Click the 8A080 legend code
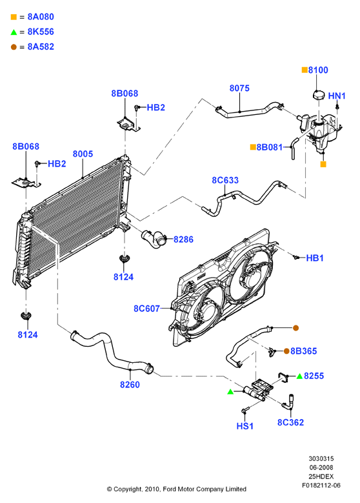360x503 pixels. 41,17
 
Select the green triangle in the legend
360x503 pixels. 14,32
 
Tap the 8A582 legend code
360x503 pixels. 41,47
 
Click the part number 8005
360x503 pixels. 83,154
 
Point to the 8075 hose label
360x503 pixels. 239,88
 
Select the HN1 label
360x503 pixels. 337,96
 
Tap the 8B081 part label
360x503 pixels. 270,147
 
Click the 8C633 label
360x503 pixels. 225,180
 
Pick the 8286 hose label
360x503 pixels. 183,240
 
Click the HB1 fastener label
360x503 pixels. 315,258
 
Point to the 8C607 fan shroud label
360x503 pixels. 147,309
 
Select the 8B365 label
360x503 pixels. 304,351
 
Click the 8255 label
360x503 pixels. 314,376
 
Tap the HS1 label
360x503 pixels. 245,426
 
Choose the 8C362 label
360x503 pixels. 290,422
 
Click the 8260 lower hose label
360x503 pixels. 130,384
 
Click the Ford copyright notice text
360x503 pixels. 177,489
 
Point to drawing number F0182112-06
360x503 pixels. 321,486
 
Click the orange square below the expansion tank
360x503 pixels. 323,164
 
